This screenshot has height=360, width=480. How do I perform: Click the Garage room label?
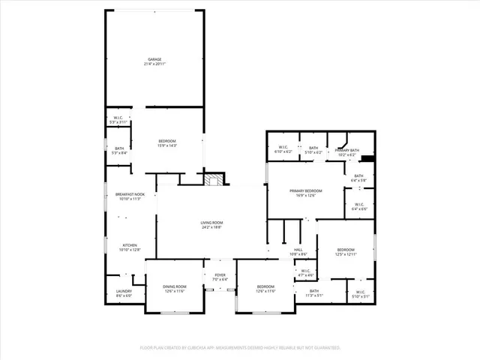point(154,59)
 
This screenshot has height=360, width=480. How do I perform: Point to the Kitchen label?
point(129,245)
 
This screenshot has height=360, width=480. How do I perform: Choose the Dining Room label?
point(174,286)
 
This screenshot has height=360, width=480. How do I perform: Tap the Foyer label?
point(220,275)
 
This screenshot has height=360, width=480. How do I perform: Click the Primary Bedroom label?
point(306,191)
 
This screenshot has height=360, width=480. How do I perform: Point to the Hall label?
point(298,250)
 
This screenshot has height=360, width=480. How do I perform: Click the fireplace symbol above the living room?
point(215,179)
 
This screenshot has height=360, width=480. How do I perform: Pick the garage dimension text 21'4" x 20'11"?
point(154,64)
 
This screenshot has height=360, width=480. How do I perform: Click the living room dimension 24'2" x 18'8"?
point(211,227)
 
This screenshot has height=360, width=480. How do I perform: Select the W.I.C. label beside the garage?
point(118,118)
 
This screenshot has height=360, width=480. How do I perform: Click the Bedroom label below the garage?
point(167,141)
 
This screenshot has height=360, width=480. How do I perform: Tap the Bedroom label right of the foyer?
point(265,286)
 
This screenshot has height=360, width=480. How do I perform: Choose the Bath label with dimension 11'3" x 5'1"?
point(313,291)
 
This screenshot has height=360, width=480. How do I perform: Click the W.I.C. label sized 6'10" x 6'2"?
point(283,147)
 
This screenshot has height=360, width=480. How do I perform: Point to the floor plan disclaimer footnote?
point(240,348)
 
